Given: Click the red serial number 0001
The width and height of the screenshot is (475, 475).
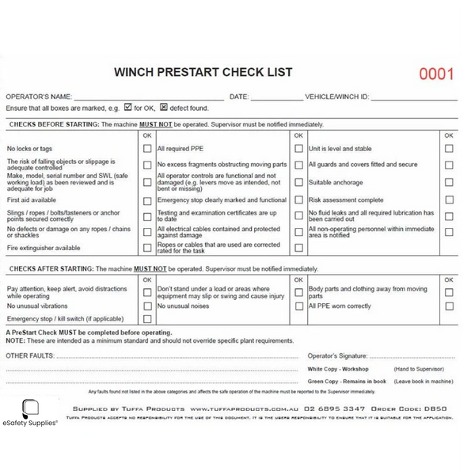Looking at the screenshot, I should tap(436, 75).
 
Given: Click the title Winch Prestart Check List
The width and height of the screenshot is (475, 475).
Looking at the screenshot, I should tap(203, 72).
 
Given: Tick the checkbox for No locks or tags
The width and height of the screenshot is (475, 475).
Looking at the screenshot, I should tap(146, 148).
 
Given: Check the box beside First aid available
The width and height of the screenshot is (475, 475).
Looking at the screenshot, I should tap(146, 201).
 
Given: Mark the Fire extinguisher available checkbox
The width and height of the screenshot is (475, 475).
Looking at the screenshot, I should tap(146, 248).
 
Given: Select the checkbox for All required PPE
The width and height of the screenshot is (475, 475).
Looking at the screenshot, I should tap(298, 148).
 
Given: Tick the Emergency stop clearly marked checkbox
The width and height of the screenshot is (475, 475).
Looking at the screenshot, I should tap(298, 201).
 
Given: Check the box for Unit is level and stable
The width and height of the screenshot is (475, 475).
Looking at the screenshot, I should tap(449, 148).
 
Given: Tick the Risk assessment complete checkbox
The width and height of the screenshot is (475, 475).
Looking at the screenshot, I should tap(449, 201).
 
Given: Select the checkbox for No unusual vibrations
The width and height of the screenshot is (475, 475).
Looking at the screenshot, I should tap(146, 306).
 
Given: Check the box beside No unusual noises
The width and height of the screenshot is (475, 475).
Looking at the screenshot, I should tap(298, 306).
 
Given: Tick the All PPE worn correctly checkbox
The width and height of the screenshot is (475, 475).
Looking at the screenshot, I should tap(449, 306).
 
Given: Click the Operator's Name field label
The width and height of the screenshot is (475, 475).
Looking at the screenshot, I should tap(39, 96).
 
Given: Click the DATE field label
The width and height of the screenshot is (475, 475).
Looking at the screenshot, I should tap(239, 96).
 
